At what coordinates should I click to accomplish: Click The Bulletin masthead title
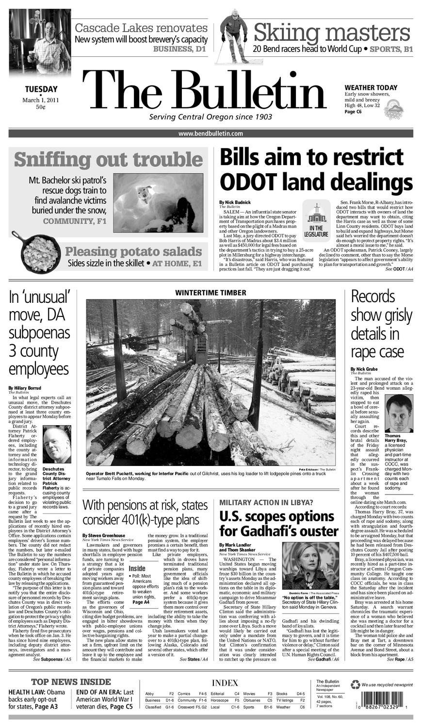pyautogui.click(x=204, y=92)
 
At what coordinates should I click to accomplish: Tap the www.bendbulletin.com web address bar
pyautogui.click(x=211, y=133)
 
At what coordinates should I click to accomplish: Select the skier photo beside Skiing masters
pyautogui.click(x=233, y=36)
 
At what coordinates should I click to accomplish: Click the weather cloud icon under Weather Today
pyautogui.click(x=393, y=109)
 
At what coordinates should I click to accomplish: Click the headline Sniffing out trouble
pyautogui.click(x=108, y=159)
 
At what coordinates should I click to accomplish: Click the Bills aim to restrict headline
pyautogui.click(x=316, y=169)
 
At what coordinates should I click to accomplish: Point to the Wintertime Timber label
pyautogui.click(x=211, y=293)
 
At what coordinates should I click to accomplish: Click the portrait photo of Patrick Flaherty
pyautogui.click(x=56, y=444)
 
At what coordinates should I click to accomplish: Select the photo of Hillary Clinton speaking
pyautogui.click(x=310, y=565)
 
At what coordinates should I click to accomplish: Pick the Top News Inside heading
pyautogui.click(x=71, y=682)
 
